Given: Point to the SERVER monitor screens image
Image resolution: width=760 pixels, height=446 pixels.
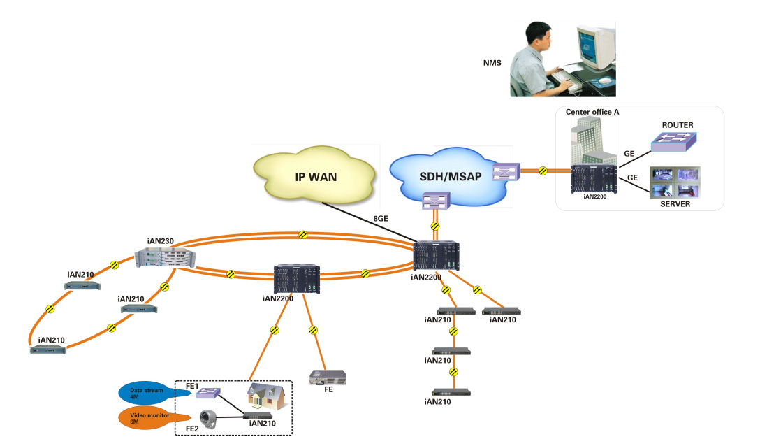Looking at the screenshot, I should (674, 182).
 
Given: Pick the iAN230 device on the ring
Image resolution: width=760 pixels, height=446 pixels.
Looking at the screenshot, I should (166, 256).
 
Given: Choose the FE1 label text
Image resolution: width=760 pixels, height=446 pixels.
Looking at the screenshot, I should (192, 386).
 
